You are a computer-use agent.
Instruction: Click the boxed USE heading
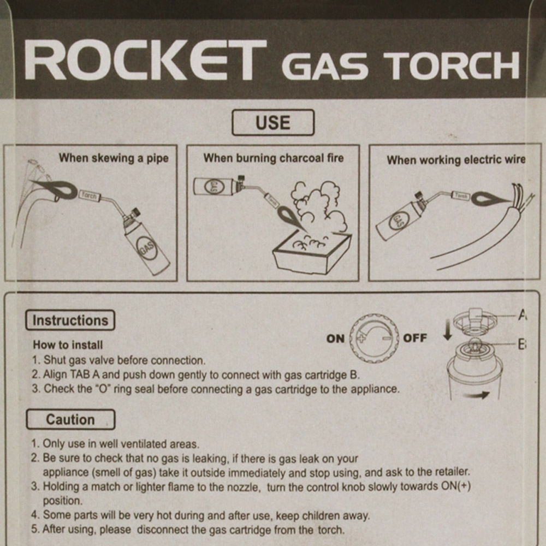[273, 122]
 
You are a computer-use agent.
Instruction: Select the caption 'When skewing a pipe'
[114, 158]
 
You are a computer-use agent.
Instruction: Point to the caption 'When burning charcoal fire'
[274, 158]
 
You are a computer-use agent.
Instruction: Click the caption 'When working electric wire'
[456, 160]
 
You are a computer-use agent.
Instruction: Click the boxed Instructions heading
[70, 321]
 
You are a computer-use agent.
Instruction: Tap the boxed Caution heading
[70, 420]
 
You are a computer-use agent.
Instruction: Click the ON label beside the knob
[335, 339]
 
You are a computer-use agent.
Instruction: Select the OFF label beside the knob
[415, 338]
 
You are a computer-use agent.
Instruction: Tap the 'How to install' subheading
[68, 345]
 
